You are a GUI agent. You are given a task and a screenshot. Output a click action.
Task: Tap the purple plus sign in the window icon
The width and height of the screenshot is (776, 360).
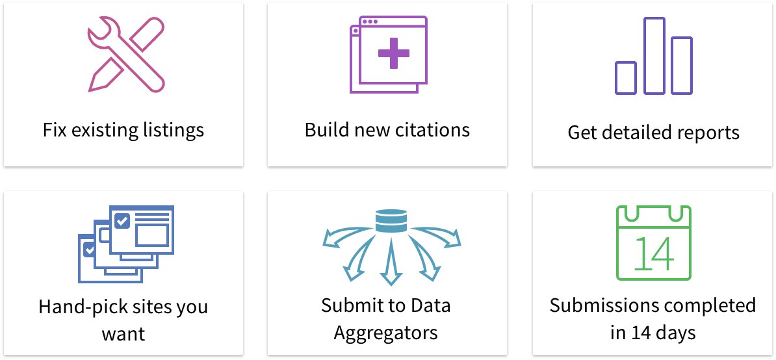point(394,53)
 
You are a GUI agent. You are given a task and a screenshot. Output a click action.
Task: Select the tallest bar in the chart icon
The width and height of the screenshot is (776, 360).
point(654,56)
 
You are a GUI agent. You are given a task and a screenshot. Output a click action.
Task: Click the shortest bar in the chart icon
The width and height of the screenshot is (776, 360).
point(625,78)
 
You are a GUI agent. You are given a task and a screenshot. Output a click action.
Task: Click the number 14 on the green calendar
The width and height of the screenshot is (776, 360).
point(653,253)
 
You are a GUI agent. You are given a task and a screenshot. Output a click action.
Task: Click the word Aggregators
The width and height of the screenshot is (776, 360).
point(386,333)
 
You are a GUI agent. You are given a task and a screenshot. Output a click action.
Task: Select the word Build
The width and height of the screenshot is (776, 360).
point(327,130)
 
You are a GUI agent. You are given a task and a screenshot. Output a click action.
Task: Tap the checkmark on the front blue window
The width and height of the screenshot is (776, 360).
point(122,221)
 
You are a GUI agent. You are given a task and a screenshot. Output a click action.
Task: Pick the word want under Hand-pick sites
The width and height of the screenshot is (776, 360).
point(123,335)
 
